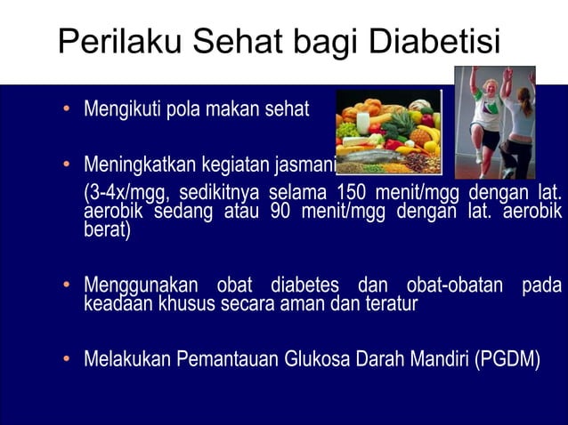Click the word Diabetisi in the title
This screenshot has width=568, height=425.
point(433,42)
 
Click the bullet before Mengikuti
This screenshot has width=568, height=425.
point(66,111)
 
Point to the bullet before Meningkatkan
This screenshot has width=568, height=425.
point(66,166)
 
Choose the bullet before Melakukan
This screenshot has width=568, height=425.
point(66,361)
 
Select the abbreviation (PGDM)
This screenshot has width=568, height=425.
point(507,360)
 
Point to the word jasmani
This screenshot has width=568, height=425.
point(304,166)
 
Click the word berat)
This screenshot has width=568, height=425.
point(106,231)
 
